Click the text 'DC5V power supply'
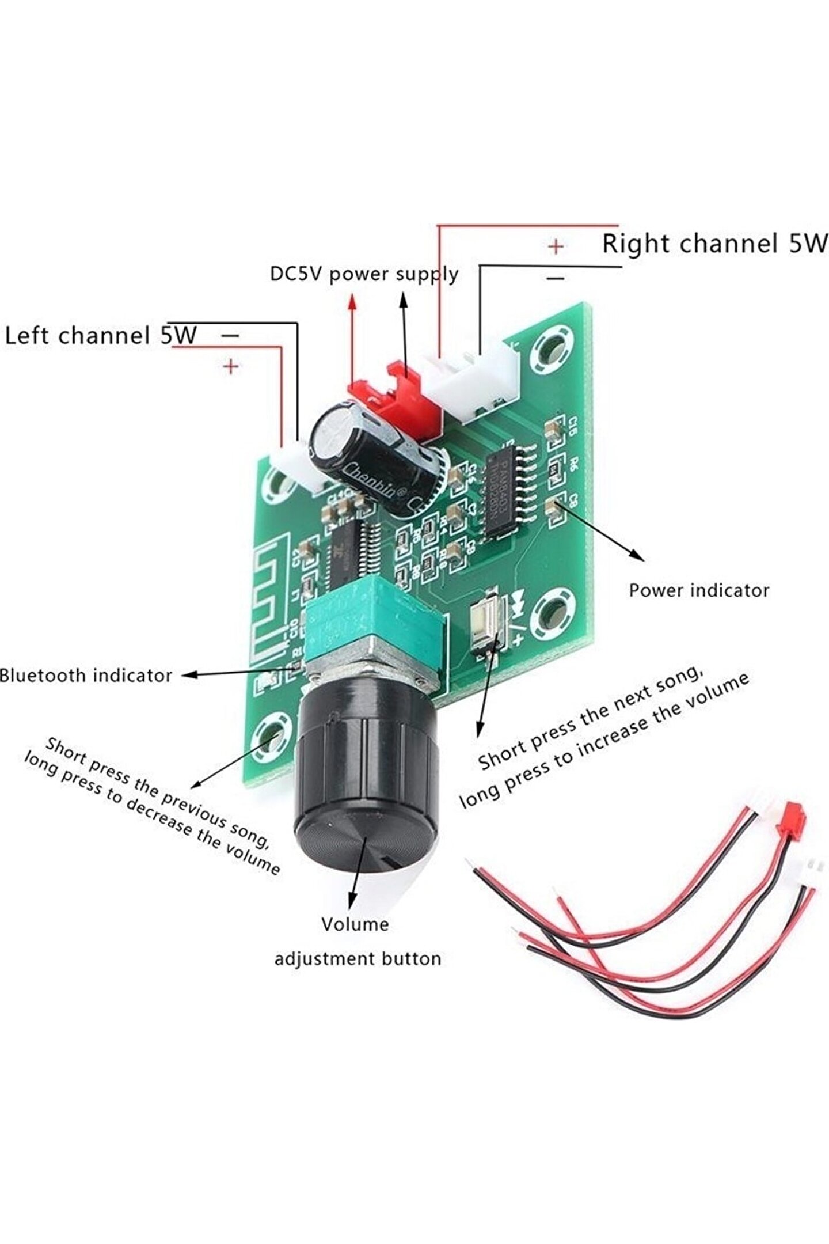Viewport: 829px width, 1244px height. pyautogui.click(x=364, y=274)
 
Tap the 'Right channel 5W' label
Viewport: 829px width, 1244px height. pyautogui.click(x=714, y=244)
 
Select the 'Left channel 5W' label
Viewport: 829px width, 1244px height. pyautogui.click(x=101, y=336)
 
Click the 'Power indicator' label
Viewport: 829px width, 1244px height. pyautogui.click(x=698, y=590)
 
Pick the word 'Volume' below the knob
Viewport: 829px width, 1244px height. pyautogui.click(x=355, y=924)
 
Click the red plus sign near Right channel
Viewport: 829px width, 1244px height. pyautogui.click(x=556, y=247)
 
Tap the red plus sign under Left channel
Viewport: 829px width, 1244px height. pyautogui.click(x=231, y=366)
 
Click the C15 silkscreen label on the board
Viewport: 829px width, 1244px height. pyautogui.click(x=573, y=427)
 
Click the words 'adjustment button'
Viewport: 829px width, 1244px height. pyautogui.click(x=358, y=959)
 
